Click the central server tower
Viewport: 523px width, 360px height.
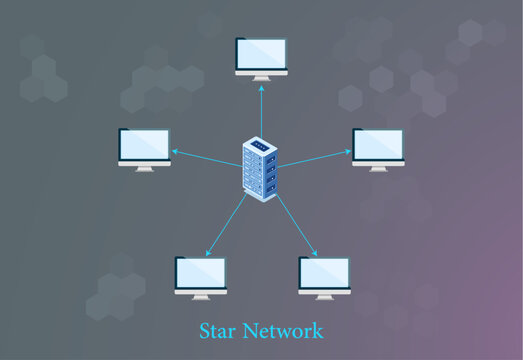(x=260, y=168)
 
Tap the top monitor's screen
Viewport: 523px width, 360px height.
(x=261, y=54)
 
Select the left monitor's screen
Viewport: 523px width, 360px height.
(x=144, y=144)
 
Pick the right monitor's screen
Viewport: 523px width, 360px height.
(x=378, y=144)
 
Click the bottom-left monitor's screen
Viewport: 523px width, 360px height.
(x=201, y=272)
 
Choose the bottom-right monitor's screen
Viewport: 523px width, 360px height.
(x=324, y=272)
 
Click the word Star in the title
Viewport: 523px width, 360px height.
(x=219, y=330)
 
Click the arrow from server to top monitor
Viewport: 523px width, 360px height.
(x=261, y=110)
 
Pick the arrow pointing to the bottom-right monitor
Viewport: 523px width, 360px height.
(x=297, y=225)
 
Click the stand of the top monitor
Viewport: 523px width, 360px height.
(x=261, y=77)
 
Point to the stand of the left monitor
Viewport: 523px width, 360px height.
(x=144, y=167)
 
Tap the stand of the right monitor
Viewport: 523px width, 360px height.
(x=378, y=167)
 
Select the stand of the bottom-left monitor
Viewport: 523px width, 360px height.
(x=201, y=295)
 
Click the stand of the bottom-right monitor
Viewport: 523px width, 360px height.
(x=324, y=295)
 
